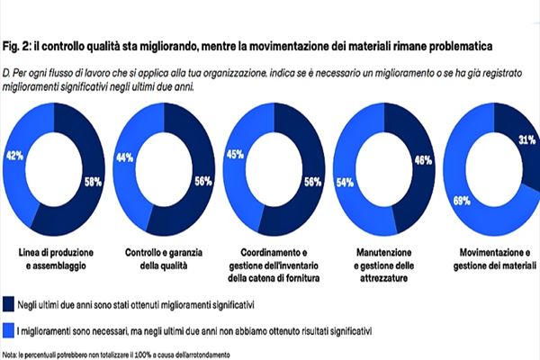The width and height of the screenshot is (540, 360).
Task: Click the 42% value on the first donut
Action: [13, 155]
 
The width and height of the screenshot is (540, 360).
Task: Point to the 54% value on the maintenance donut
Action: [344, 181]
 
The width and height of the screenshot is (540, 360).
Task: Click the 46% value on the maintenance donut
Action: [419, 160]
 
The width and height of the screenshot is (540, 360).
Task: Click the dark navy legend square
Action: [8, 304]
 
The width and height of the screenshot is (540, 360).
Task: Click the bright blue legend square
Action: [8, 331]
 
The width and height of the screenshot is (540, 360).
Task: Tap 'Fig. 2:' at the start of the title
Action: [21, 43]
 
